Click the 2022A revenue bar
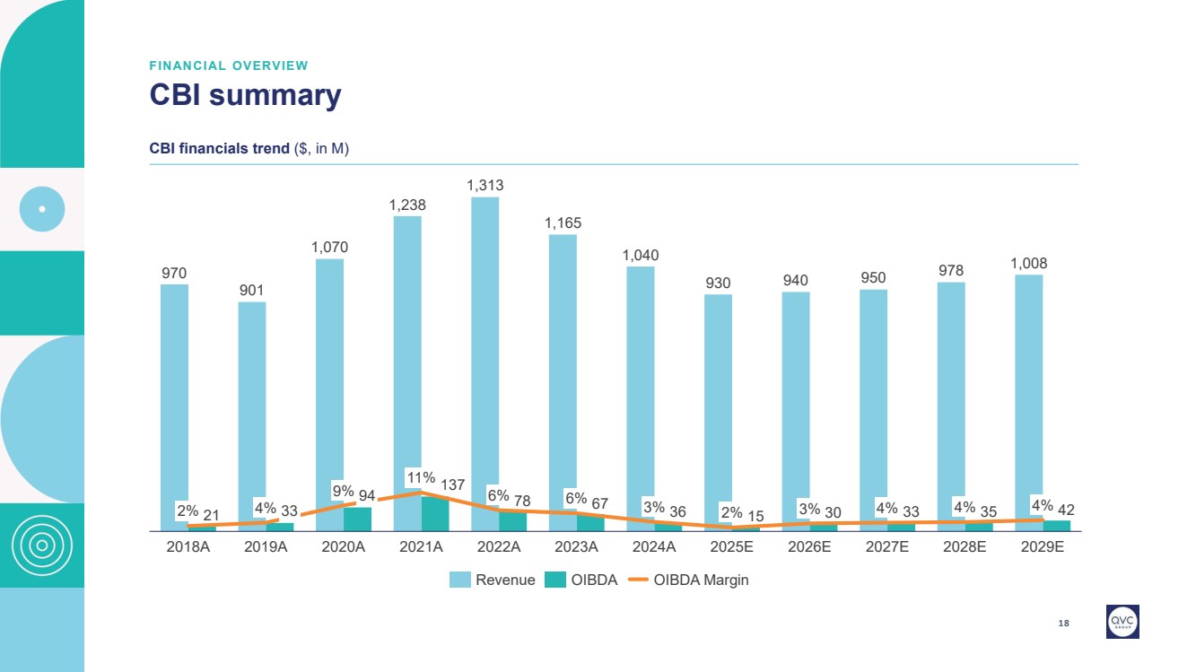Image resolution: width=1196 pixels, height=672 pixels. [485, 350]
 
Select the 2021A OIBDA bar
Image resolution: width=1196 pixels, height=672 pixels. [435, 514]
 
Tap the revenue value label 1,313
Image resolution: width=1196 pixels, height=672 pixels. [485, 186]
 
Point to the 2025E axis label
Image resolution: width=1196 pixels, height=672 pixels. [731, 547]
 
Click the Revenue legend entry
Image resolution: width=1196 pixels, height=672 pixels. [493, 580]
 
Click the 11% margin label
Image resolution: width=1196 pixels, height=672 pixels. [421, 478]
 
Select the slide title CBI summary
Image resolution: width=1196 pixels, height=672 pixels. [245, 95]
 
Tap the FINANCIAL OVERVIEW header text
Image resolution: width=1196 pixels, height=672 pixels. [229, 65]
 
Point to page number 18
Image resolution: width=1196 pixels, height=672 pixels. [1064, 623]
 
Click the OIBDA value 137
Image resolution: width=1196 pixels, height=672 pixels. [453, 485]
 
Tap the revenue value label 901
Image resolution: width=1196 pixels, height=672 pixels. [252, 290]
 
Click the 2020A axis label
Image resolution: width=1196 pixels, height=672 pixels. [344, 547]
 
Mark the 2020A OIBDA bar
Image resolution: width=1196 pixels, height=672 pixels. [357, 519]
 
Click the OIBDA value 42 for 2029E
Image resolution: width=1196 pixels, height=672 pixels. [1066, 511]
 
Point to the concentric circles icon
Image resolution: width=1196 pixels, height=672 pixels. [42, 545]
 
